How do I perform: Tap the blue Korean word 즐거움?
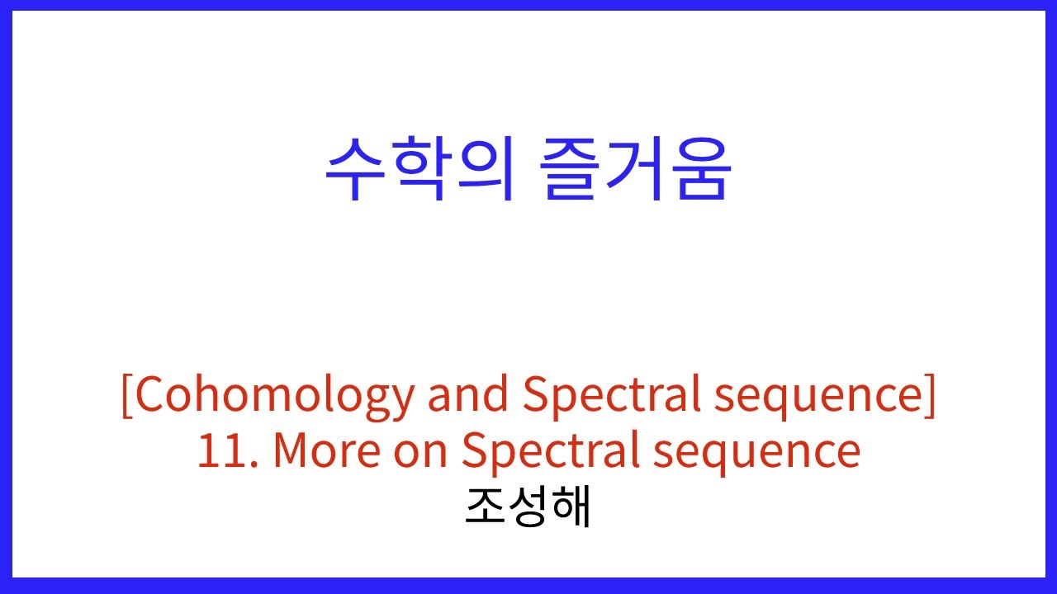tap(636, 170)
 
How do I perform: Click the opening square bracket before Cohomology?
tap(126, 396)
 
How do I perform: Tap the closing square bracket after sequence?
tap(931, 396)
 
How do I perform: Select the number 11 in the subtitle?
tap(220, 451)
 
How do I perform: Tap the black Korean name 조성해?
tap(528, 507)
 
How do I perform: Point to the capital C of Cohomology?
tap(152, 396)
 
